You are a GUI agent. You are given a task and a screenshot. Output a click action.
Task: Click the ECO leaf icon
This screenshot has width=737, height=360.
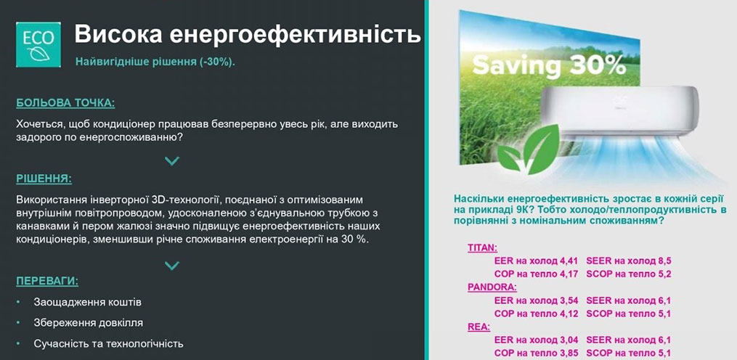pos(38,45)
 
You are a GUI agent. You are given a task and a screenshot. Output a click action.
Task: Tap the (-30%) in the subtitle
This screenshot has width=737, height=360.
pos(216,62)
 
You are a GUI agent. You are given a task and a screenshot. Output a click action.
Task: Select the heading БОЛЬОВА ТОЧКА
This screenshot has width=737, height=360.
pos(65,103)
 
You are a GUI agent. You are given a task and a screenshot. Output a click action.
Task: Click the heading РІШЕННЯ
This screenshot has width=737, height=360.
pos(44,179)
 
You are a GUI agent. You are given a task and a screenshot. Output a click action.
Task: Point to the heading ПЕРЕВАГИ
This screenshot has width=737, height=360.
pos(47,281)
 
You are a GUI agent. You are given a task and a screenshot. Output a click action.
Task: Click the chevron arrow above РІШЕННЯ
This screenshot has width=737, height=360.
pos(172,161)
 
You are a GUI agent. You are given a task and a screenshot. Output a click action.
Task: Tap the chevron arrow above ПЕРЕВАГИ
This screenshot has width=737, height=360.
pos(172,266)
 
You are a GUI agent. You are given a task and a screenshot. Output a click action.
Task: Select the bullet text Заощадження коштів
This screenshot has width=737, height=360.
pos(87,302)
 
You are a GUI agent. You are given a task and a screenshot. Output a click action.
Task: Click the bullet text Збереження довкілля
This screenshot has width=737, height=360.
pos(89,323)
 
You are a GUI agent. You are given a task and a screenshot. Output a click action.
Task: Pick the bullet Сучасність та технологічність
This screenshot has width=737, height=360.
pos(108,343)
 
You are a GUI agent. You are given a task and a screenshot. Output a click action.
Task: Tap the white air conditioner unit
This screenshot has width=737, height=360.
pos(619,112)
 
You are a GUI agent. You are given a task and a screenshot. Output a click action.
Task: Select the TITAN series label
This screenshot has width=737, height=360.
pos(483,247)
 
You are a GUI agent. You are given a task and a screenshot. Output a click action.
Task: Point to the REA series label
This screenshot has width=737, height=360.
pos(479,327)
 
